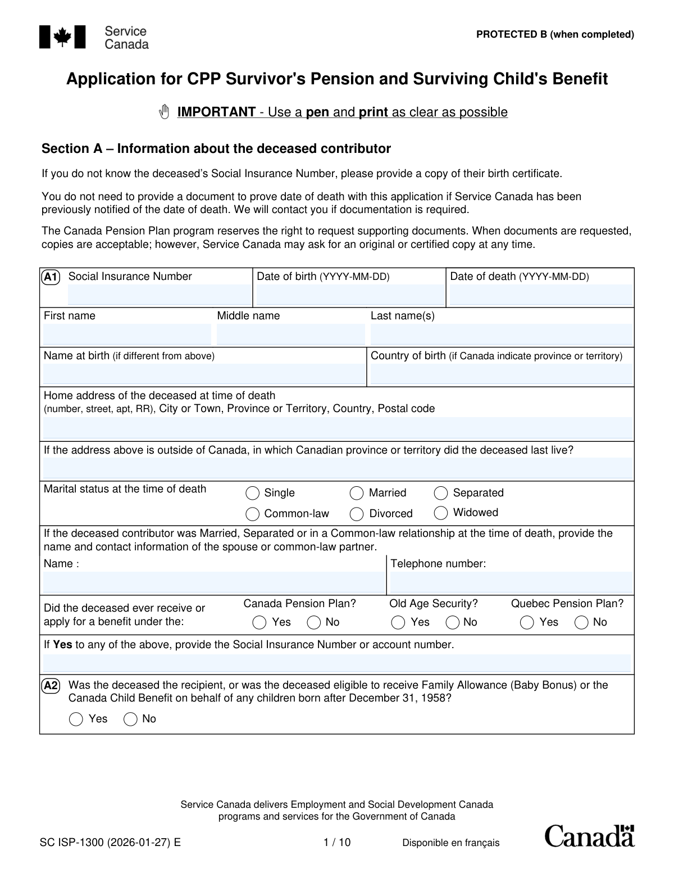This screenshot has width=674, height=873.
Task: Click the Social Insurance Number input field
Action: (159, 295)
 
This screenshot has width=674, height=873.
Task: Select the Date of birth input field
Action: (349, 295)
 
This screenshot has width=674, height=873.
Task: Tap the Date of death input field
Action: (541, 295)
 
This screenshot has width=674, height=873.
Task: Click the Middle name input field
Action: (290, 334)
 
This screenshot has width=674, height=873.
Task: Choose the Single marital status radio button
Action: (253, 493)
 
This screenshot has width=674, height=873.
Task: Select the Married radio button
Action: (357, 493)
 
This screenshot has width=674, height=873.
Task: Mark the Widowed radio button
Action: (441, 513)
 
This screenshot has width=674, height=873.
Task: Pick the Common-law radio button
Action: (253, 514)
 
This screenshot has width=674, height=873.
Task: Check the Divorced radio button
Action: (357, 514)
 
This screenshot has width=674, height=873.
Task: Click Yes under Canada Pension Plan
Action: (259, 622)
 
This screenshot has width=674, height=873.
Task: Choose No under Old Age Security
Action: (452, 622)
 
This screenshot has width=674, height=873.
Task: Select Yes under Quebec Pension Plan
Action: (527, 622)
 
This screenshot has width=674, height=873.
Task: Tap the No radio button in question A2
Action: (130, 719)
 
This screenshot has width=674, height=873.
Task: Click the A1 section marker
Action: (51, 277)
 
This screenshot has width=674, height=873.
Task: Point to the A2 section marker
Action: (51, 685)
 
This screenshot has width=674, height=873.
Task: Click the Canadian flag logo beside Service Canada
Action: (62, 37)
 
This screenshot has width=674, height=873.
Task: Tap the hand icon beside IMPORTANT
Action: (164, 112)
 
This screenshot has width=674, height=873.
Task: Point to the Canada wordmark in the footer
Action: (589, 836)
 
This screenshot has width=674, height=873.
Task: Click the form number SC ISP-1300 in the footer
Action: (110, 842)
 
